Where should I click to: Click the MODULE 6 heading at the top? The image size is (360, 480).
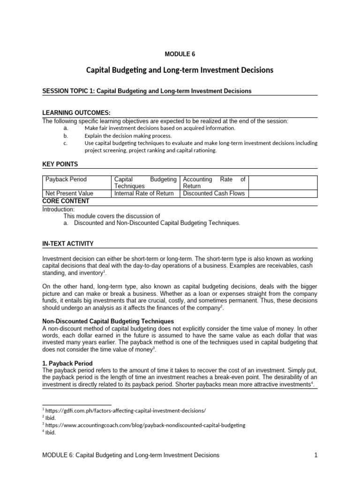(180, 54)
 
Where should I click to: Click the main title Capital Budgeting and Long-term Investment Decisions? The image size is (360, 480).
(180, 70)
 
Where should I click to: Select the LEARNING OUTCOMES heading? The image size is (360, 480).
(76, 113)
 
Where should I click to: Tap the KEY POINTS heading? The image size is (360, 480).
(60, 164)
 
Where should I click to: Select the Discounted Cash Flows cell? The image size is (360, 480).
(214, 193)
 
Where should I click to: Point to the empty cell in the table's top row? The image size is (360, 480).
(283, 182)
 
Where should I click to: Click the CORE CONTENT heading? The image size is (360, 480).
(66, 201)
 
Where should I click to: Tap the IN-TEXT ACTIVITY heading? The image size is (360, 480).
(68, 244)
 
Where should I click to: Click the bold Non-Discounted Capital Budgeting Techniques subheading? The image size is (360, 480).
(108, 321)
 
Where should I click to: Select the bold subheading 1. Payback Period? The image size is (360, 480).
(67, 363)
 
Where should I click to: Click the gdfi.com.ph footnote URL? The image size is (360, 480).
(125, 410)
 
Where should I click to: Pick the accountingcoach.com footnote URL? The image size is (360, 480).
(145, 425)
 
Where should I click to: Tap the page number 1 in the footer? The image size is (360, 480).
(316, 455)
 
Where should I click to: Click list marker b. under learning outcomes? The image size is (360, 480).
(65, 135)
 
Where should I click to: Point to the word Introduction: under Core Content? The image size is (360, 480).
(59, 209)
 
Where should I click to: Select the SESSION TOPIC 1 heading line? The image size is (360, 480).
(147, 91)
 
